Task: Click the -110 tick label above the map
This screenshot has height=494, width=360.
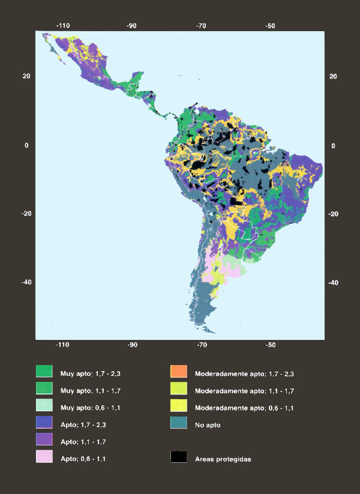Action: tap(63, 26)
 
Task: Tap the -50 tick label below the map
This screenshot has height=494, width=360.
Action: tap(271, 345)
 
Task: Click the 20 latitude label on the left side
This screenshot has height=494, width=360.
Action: tap(27, 76)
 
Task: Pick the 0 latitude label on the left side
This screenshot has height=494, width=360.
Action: tap(27, 146)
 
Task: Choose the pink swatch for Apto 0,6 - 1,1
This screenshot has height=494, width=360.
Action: tap(44, 459)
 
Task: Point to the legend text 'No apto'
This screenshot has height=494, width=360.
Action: tap(209, 425)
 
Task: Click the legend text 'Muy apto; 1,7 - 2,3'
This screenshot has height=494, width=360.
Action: tap(89, 373)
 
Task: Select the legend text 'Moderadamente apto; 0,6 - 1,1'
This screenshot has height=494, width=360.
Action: tap(244, 408)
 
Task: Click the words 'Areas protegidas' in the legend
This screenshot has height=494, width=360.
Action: tap(223, 459)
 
